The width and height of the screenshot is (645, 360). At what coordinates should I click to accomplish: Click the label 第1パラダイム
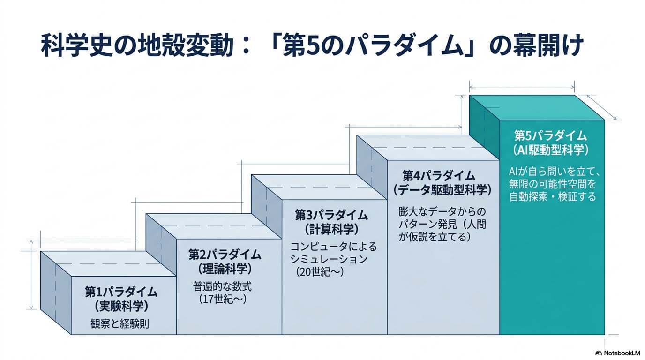121,292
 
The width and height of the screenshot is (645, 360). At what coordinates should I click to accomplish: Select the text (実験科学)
121,307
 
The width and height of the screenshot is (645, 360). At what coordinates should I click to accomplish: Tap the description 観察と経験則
120,323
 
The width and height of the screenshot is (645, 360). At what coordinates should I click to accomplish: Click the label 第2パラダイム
225,255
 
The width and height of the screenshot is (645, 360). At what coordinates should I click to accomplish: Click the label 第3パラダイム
331,215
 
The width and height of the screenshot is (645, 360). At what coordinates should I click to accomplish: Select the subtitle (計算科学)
331,229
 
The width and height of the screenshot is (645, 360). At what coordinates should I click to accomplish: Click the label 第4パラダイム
439,176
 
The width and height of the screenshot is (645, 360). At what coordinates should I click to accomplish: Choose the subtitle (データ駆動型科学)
442,190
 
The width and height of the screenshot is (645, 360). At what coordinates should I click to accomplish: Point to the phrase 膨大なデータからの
443,211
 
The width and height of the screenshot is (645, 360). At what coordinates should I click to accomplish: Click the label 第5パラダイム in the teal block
550,135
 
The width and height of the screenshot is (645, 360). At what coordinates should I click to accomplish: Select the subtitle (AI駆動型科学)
550,150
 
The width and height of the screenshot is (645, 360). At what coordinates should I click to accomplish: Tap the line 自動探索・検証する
553,197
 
